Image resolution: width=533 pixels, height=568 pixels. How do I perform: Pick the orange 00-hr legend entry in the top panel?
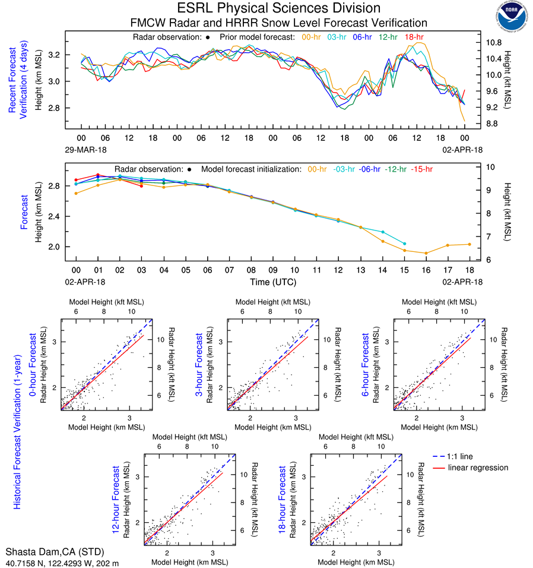coord(312,37)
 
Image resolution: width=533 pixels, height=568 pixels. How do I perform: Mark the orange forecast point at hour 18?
coord(469,244)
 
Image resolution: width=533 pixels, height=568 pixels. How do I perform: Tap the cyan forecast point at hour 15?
coord(404,244)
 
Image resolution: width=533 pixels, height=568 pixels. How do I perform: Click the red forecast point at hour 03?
coord(141,186)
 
